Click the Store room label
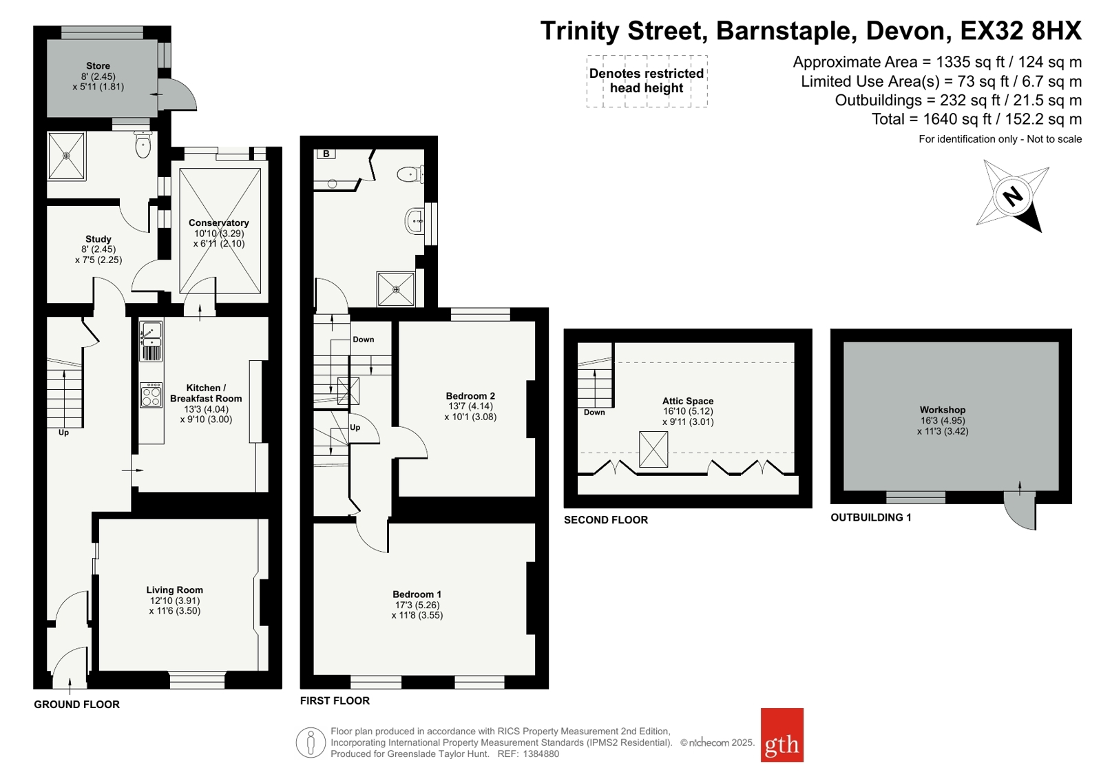(x=98, y=66)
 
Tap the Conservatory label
(x=219, y=222)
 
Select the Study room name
(x=98, y=240)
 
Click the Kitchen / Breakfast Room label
(x=206, y=393)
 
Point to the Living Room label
(x=174, y=590)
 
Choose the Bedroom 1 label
(x=417, y=594)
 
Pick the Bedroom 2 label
(x=470, y=396)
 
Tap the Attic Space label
(x=688, y=401)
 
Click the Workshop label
(x=943, y=410)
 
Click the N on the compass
(x=1013, y=196)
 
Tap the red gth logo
(x=782, y=735)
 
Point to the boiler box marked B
(x=326, y=154)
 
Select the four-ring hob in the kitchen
(x=151, y=395)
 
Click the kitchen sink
(x=151, y=335)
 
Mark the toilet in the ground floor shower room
(x=143, y=144)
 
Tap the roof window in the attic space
(x=653, y=449)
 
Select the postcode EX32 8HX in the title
(x=1020, y=30)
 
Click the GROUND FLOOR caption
(x=76, y=704)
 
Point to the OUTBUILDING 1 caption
(x=871, y=517)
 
